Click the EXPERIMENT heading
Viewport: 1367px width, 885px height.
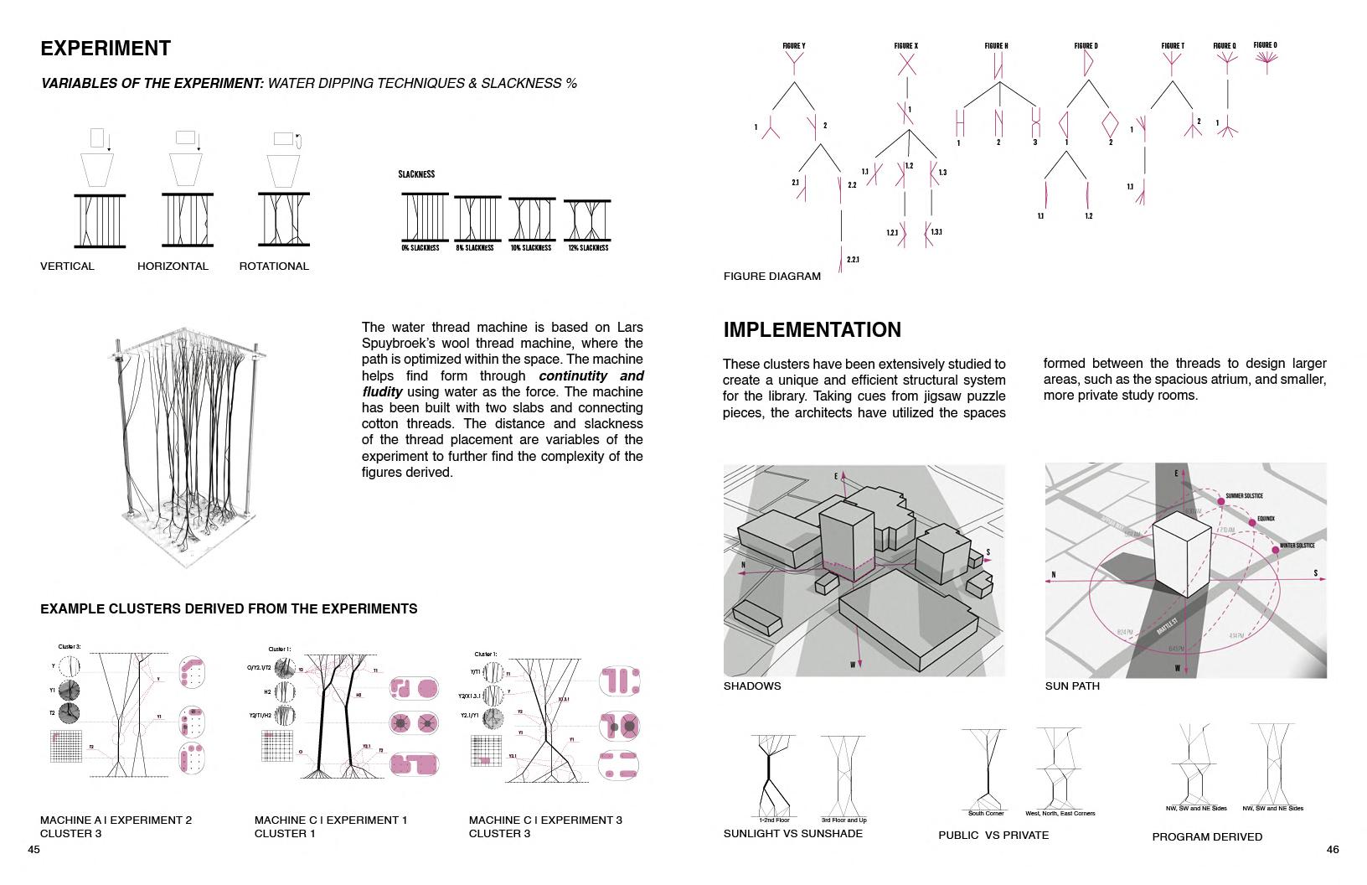106,49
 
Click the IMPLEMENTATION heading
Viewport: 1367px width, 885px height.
812,330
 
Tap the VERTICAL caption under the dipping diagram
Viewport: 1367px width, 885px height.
67,267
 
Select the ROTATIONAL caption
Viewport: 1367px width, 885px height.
274,267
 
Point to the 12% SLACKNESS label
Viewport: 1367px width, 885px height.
588,248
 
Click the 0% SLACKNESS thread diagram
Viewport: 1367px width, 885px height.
425,218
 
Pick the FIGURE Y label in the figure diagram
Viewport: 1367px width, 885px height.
794,46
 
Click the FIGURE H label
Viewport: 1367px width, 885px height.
996,46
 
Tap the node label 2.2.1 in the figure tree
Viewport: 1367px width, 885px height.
853,260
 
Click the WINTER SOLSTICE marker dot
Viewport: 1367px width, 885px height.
1276,550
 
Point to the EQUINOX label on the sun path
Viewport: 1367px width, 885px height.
1265,519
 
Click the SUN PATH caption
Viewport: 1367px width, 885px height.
1072,686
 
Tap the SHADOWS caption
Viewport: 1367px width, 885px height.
752,686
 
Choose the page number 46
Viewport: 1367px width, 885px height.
1333,850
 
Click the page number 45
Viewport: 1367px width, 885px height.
34,850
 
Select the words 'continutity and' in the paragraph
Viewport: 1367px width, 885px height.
591,376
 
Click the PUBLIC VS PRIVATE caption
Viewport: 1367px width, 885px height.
993,836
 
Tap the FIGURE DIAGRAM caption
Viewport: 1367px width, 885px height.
772,277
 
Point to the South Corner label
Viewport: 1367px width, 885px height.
986,813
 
